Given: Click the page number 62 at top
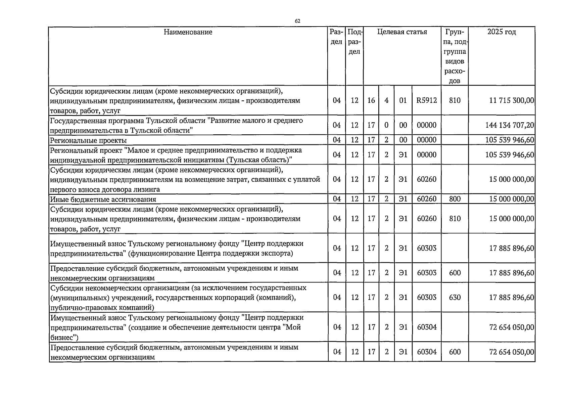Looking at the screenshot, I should click(297, 21).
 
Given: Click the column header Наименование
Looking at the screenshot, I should click(188, 32).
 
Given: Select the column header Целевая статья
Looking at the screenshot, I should click(402, 32).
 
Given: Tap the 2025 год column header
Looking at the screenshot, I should click(502, 32).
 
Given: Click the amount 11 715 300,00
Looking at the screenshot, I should click(512, 100).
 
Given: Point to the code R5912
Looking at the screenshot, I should click(427, 100).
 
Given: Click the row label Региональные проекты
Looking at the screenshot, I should click(88, 140).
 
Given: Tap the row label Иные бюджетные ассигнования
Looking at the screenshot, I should click(103, 199).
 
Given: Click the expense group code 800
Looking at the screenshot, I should click(455, 199).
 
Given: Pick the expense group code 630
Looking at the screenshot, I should click(455, 298).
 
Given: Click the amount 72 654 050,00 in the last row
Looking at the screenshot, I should click(512, 352).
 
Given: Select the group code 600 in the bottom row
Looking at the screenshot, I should click(455, 352).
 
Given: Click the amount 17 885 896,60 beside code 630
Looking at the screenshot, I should click(512, 298).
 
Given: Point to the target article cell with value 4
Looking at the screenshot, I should click(387, 100).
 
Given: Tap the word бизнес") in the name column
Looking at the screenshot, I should click(64, 338).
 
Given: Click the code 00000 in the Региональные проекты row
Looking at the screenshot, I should click(427, 140).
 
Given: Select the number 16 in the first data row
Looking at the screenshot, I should click(371, 100).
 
